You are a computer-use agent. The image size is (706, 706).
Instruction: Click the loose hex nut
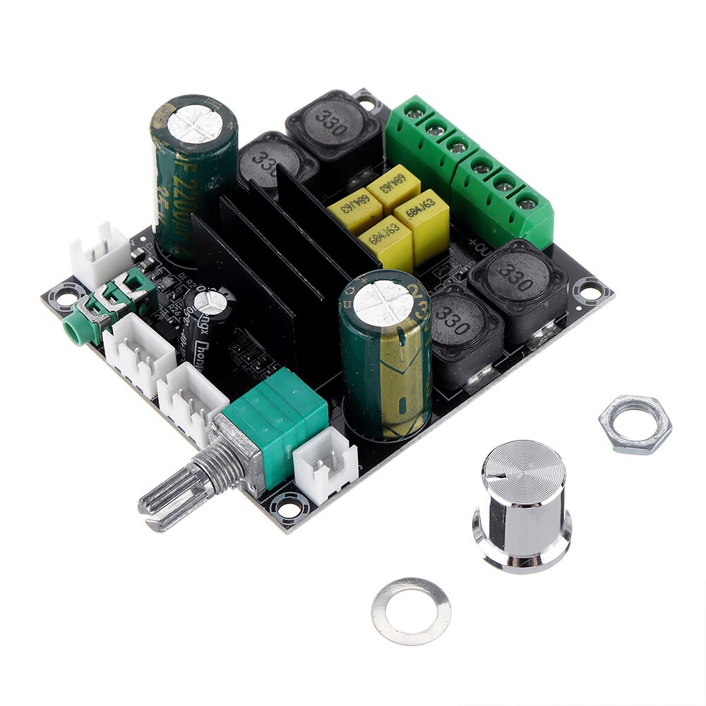[635, 424]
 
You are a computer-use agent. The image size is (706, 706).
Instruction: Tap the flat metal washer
[411, 611]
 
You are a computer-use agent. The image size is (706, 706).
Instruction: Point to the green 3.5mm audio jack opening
[71, 325]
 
